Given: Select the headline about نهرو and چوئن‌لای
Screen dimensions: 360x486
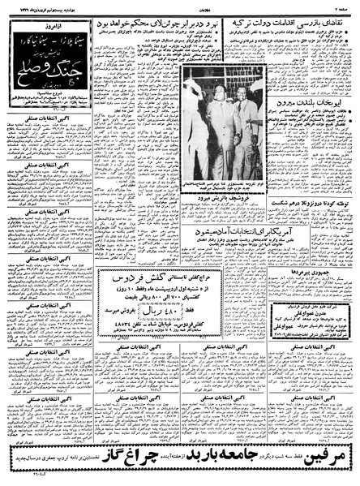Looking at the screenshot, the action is coord(150,25).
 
